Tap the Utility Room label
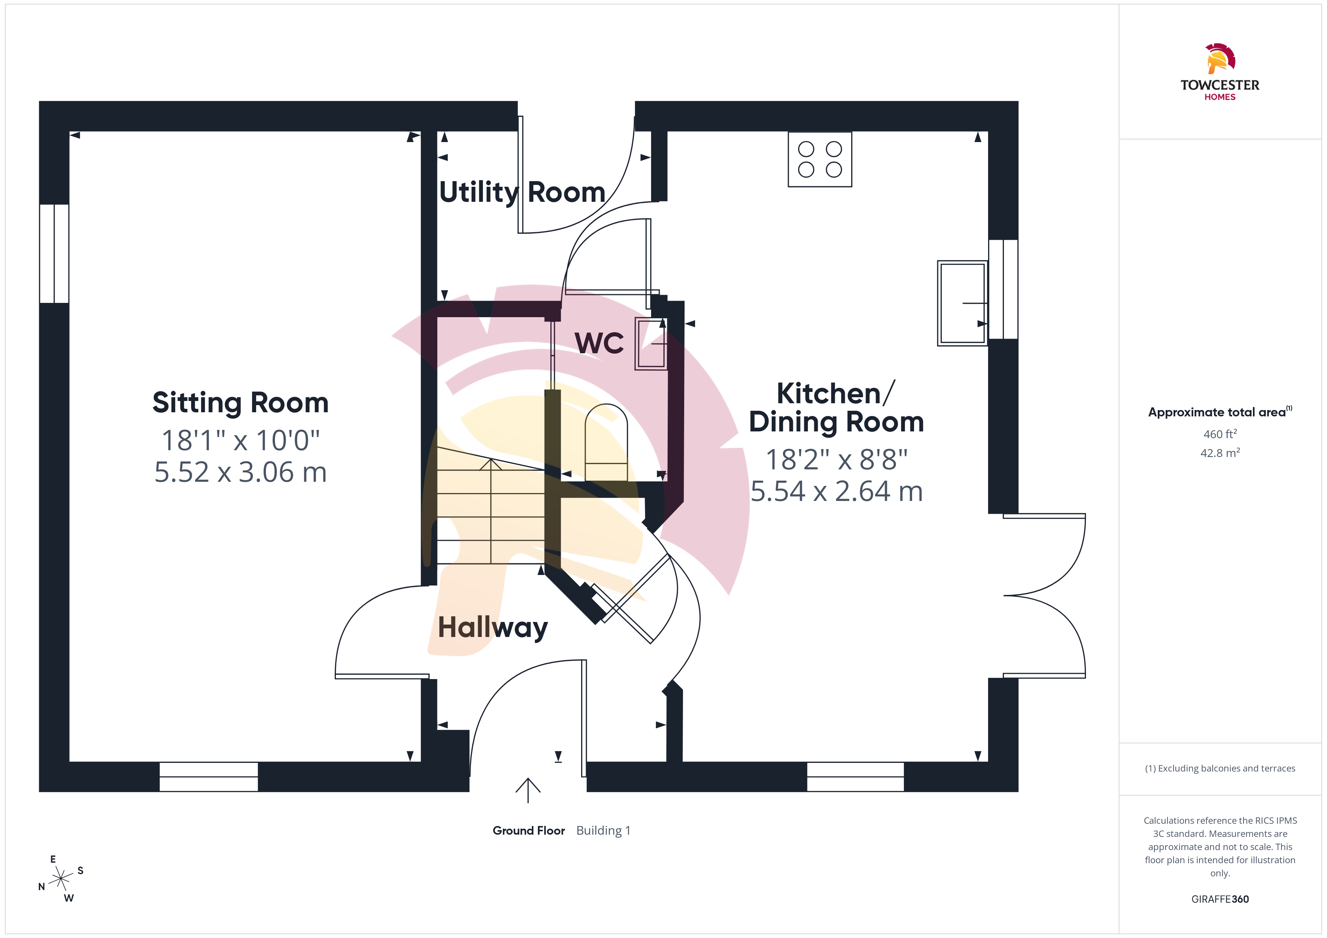tap(522, 192)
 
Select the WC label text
tap(599, 343)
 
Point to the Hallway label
tap(492, 628)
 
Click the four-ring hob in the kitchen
tap(820, 159)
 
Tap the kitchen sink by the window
tap(962, 303)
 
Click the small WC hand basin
tap(651, 343)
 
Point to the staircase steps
tap(491, 505)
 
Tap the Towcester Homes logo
tap(1219, 72)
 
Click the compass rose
tap(61, 879)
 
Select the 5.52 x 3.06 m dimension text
tap(240, 472)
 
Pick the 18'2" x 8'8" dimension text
tap(836, 460)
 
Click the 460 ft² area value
tap(1220, 434)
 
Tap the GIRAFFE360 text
tap(1220, 899)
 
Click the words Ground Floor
tap(528, 831)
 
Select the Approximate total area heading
tap(1219, 412)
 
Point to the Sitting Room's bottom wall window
tap(209, 777)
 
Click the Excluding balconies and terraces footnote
tap(1220, 768)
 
